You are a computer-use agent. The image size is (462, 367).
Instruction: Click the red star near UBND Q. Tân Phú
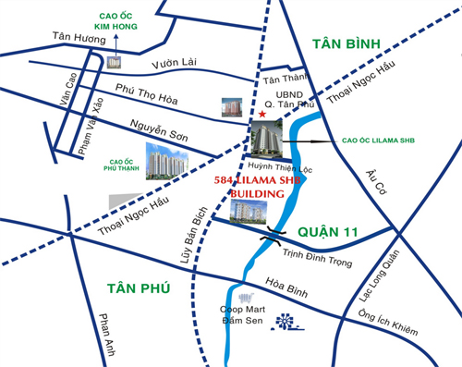(263, 115)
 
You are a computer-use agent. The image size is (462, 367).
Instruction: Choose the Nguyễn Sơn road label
(159, 131)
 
